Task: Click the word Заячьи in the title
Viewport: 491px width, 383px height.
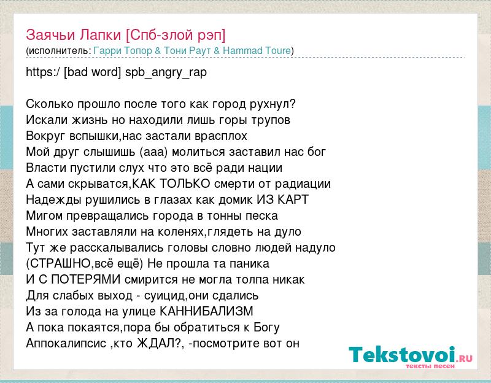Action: pyautogui.click(x=50, y=35)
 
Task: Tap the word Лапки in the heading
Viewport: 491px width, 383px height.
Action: pyautogui.click(x=100, y=35)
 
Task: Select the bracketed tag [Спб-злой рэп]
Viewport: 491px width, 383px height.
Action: pyautogui.click(x=176, y=35)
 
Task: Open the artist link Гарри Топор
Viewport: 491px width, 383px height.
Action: pyautogui.click(x=123, y=51)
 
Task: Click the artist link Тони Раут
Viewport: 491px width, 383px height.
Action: pyautogui.click(x=187, y=51)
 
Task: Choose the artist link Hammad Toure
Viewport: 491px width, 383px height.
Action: pyautogui.click(x=257, y=51)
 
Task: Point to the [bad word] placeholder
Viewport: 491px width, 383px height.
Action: pyautogui.click(x=92, y=72)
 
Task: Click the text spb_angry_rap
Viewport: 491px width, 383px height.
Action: pyautogui.click(x=166, y=72)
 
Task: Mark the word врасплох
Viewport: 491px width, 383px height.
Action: pyautogui.click(x=221, y=136)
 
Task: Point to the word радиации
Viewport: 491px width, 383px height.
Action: pyautogui.click(x=303, y=184)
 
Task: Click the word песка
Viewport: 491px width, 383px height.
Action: pyautogui.click(x=262, y=216)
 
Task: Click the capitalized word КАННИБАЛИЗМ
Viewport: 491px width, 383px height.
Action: pyautogui.click(x=206, y=312)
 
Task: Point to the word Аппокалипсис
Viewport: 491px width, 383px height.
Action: pyautogui.click(x=66, y=344)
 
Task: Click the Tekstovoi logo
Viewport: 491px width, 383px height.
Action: pyautogui.click(x=411, y=357)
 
